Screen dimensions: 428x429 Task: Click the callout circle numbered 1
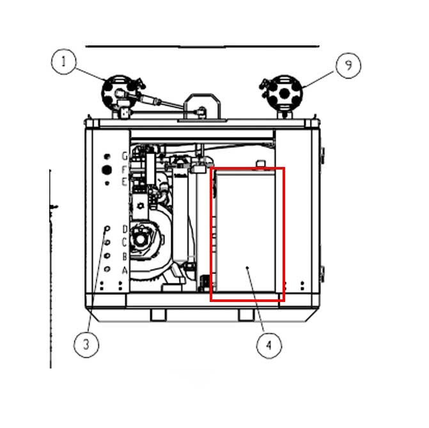coord(64,63)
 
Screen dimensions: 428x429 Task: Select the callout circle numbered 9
coord(348,65)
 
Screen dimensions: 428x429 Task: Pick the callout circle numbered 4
coord(269,346)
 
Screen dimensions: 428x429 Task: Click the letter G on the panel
coord(125,156)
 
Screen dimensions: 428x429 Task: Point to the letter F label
coord(125,170)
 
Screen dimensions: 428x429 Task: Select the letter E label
coord(125,182)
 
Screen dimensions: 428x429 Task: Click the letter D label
coord(125,229)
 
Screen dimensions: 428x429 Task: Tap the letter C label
coord(125,242)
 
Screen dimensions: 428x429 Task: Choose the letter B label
coord(125,256)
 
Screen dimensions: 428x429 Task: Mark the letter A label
coord(125,270)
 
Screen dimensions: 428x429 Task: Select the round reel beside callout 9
coord(282,93)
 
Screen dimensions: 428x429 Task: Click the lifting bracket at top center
coord(202,106)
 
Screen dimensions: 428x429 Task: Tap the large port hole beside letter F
coord(107,170)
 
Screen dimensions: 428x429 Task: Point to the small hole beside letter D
coord(107,229)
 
